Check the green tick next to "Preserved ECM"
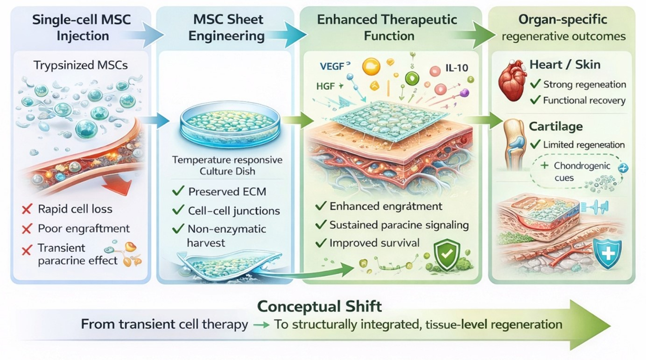click(x=178, y=191)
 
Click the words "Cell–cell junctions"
click(x=234, y=211)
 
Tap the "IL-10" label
click(x=455, y=69)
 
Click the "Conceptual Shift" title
click(x=320, y=306)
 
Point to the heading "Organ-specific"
click(x=563, y=20)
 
